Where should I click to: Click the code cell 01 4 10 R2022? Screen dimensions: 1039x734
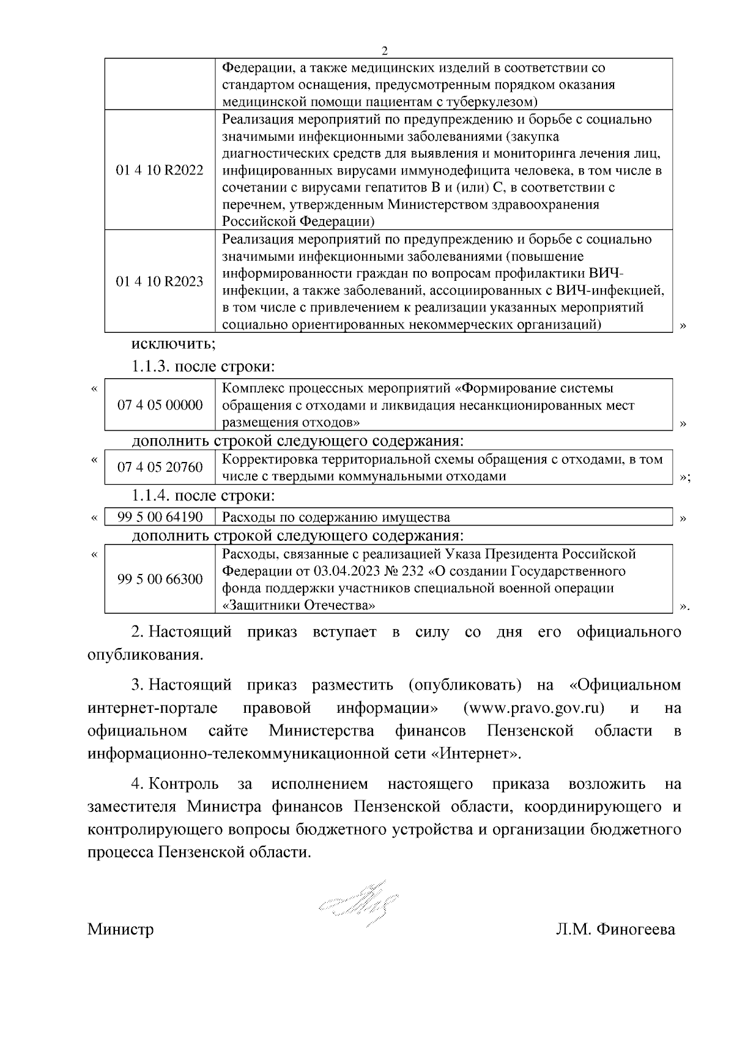pos(160,170)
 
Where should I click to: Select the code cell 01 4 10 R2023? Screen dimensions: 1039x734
pos(160,281)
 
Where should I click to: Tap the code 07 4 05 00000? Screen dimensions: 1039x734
pos(160,405)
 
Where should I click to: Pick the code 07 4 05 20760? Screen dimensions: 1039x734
pos(160,467)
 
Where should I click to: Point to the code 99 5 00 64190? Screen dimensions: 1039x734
pos(160,517)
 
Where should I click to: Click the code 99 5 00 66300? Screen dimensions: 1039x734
pos(160,579)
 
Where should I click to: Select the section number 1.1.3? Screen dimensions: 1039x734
pos(151,367)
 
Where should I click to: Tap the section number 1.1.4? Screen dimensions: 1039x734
pos(151,495)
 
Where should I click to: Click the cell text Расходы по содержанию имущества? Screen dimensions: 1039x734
pos(336,518)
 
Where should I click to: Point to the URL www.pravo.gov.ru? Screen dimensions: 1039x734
pos(533,709)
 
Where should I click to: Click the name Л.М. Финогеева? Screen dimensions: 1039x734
pos(614,930)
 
